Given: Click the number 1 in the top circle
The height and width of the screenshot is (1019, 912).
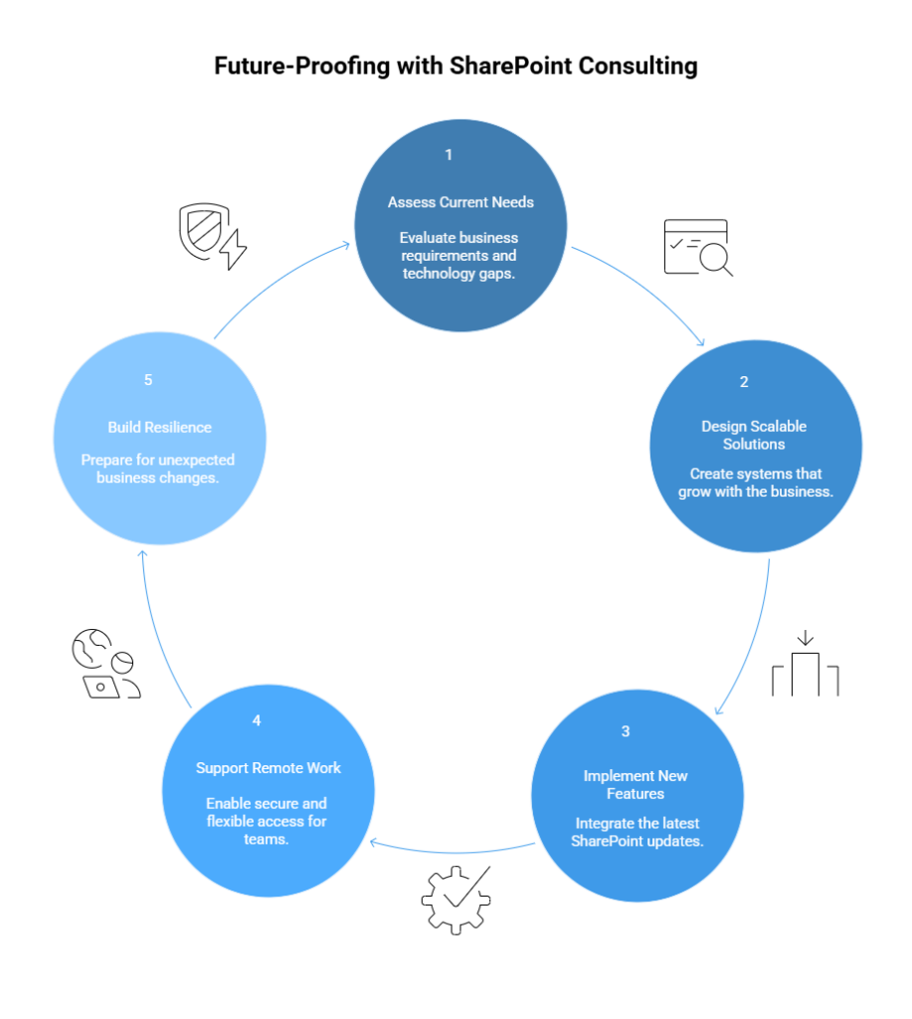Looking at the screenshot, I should click(x=449, y=155).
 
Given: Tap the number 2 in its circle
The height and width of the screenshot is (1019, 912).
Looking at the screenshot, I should click(x=744, y=382).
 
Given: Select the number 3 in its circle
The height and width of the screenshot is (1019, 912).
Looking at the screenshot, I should click(x=626, y=731).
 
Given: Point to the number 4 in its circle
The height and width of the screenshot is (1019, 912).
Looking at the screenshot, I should click(x=257, y=720).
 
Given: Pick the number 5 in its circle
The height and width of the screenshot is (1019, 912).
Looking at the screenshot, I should click(x=148, y=380).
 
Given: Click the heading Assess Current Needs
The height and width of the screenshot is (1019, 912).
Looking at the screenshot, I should click(x=460, y=202).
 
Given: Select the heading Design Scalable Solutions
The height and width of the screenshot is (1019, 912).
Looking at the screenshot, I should click(x=754, y=435).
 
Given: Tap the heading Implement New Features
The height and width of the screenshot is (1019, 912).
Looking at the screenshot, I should click(x=636, y=784).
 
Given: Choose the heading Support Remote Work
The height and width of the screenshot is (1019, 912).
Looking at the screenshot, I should click(x=269, y=768).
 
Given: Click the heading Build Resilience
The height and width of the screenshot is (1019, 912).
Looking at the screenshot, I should click(x=160, y=427).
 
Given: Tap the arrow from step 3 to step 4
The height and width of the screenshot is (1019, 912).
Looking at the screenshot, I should click(x=453, y=852).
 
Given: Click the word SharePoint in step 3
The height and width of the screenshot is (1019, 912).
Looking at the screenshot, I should click(x=609, y=841).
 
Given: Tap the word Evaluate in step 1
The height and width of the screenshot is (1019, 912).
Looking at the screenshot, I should click(x=428, y=238).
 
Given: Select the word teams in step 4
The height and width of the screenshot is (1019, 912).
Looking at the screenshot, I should click(x=267, y=839).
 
